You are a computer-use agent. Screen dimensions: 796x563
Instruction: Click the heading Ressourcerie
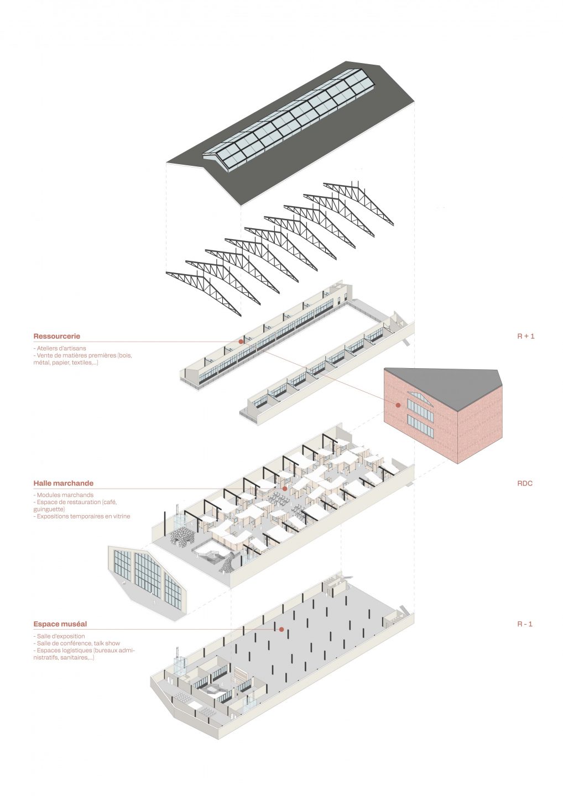[56, 336]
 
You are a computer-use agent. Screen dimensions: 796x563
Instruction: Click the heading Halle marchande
[63, 483]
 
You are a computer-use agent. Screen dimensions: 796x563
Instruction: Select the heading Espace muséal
[60, 624]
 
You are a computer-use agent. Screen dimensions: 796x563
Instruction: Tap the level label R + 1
[525, 336]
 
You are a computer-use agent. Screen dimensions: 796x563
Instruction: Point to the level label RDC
[524, 484]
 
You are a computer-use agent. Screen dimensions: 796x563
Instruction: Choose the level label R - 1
[525, 624]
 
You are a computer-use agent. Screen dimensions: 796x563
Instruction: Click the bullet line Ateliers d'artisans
[61, 349]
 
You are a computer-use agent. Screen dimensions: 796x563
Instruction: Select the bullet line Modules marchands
[65, 495]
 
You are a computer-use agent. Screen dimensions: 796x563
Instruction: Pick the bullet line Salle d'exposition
[60, 636]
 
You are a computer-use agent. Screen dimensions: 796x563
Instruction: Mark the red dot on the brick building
[398, 405]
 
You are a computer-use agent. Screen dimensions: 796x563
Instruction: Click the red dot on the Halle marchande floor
[284, 489]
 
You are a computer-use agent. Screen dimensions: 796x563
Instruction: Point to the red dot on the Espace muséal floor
[281, 629]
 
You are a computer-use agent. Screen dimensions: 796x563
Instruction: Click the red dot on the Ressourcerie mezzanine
[241, 342]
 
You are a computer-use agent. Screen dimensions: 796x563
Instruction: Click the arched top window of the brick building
[420, 396]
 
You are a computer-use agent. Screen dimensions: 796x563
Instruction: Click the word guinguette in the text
[48, 509]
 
